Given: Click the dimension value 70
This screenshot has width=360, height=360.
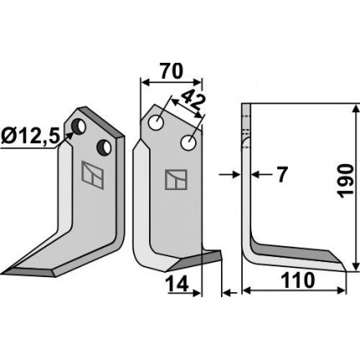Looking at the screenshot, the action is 171,71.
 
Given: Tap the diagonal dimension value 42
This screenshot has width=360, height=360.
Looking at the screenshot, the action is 193,101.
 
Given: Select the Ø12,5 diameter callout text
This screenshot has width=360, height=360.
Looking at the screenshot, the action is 30,137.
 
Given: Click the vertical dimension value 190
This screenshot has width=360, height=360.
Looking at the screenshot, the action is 347,181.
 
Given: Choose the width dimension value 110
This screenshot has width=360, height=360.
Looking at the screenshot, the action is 298,280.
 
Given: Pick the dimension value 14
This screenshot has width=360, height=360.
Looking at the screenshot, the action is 178,285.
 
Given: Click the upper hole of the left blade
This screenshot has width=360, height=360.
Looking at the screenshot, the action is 79,127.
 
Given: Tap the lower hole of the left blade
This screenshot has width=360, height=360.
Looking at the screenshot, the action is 104,147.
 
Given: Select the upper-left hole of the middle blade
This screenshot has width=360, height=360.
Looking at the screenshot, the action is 157,123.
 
